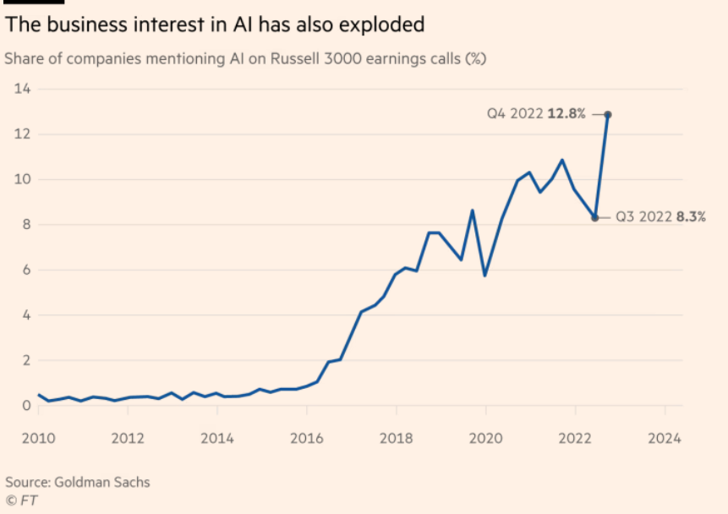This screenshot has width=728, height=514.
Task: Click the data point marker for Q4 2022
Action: (608, 114)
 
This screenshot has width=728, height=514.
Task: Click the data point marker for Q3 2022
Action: (595, 217)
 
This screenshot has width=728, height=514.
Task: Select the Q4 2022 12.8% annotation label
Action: (536, 114)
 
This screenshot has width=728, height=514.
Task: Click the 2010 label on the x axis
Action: (37, 440)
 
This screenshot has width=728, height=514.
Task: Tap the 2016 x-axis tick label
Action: (307, 440)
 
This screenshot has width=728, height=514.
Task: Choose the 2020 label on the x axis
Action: (485, 440)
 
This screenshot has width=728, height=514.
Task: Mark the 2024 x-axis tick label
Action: (665, 440)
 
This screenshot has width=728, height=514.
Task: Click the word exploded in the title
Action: (386, 25)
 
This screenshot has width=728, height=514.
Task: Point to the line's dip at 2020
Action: (485, 276)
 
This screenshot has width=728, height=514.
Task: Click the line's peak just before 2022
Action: (562, 160)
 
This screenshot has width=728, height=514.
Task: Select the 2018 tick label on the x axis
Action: (396, 440)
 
